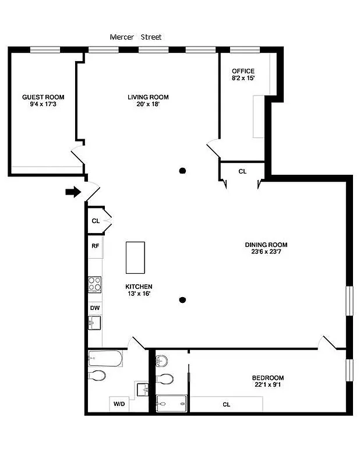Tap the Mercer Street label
136,37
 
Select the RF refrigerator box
95,246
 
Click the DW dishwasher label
94,308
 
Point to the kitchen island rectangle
135,257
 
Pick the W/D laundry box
119,403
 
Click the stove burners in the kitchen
95,284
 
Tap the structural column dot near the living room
182,171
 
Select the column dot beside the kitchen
182,300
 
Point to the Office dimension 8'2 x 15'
243,78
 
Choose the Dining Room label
266,245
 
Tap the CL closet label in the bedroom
226,404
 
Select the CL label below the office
242,171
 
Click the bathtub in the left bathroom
105,358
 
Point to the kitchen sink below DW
95,322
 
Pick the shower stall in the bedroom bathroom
171,402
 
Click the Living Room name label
148,97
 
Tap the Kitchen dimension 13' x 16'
139,294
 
